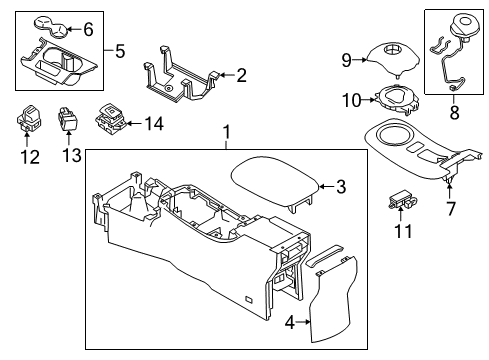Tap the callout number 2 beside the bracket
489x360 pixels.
[x=241, y=74]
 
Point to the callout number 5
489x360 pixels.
[x=120, y=50]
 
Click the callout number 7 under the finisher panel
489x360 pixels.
[x=449, y=210]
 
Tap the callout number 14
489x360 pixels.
[x=153, y=125]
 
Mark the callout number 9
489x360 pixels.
[x=346, y=60]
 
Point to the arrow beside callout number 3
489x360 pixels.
[x=323, y=185]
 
